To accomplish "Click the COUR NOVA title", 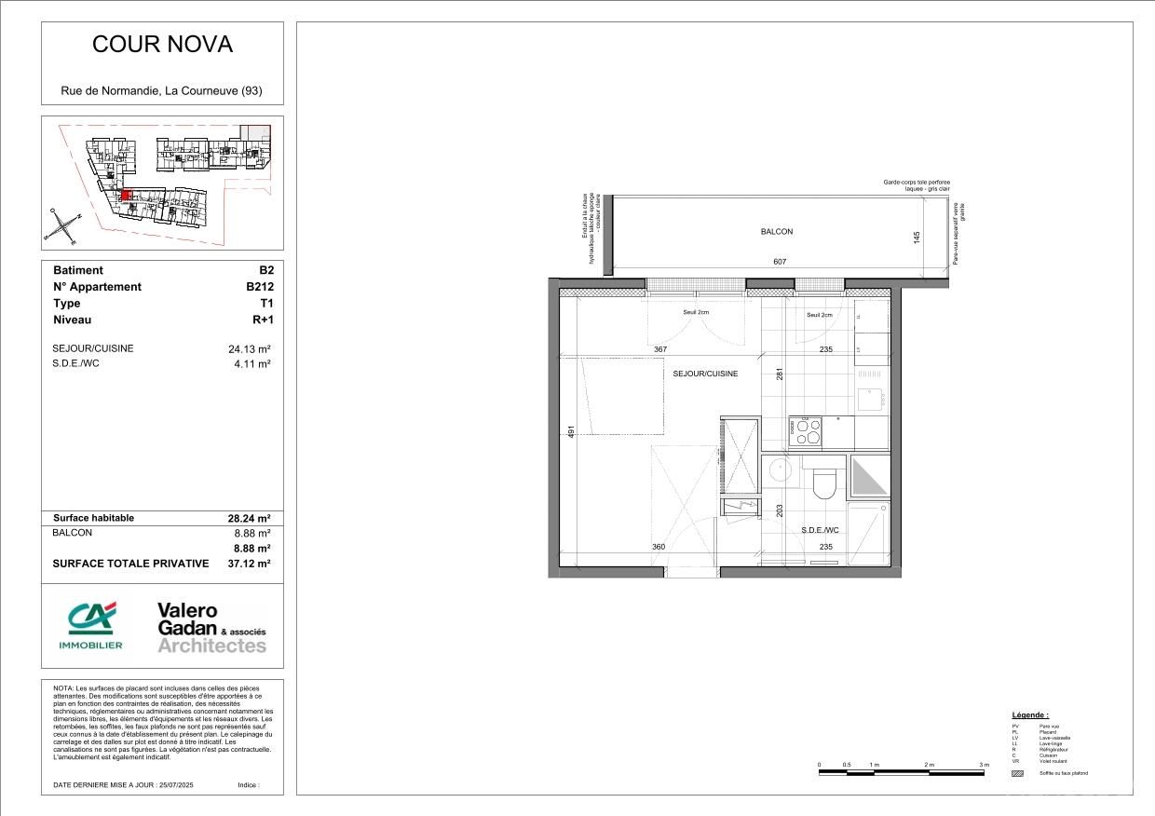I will click(162, 45).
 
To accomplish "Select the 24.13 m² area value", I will click(250, 349).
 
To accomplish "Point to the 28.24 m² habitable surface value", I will click(250, 518).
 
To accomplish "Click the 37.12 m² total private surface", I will click(249, 564).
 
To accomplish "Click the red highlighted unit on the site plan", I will click(125, 196).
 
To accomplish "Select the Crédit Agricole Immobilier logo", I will click(91, 625).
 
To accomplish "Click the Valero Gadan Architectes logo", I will click(211, 627).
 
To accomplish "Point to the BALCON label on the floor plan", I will click(777, 232).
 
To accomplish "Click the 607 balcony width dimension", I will click(780, 262).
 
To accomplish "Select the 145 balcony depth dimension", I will click(917, 238).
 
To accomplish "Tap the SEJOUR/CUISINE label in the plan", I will click(705, 374).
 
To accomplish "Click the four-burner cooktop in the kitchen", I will click(806, 430).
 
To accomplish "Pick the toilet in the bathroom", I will click(823, 482).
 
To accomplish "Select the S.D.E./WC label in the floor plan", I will click(820, 530).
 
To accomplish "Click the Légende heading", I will click(1030, 714).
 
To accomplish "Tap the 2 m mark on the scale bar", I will click(930, 765).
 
